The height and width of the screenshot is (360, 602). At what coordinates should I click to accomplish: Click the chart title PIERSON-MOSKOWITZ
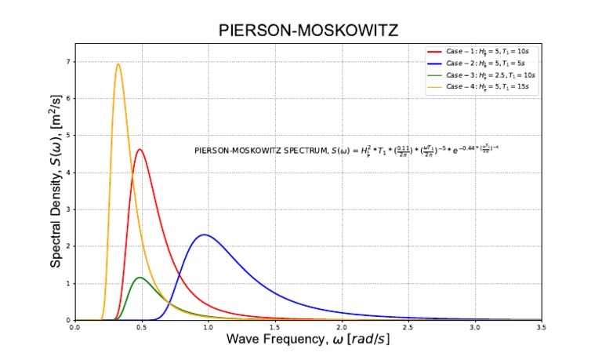click(308, 31)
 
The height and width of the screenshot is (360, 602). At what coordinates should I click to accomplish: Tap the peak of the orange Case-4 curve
click(118, 64)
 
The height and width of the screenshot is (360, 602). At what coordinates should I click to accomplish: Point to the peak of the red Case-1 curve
click(140, 149)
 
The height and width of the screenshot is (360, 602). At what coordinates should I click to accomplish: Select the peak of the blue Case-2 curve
click(204, 235)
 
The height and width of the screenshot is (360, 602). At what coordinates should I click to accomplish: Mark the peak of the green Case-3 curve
click(140, 277)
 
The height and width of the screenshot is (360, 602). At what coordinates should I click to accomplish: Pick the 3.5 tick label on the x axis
click(541, 327)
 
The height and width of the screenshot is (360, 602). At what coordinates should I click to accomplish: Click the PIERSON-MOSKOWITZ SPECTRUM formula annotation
click(346, 149)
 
